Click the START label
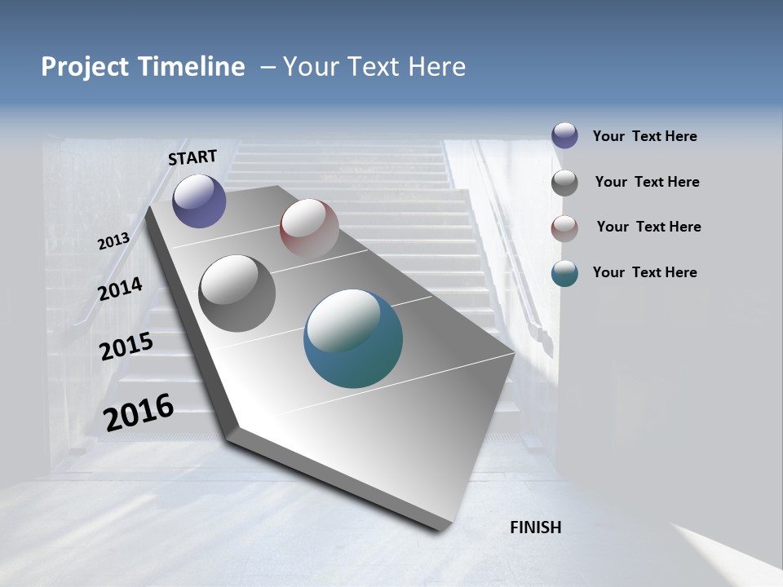tap(192, 157)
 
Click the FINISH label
tap(536, 527)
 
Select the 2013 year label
tap(113, 241)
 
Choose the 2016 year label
tap(139, 412)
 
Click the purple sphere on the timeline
tap(199, 201)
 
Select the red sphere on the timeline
tap(309, 228)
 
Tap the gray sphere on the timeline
tap(237, 293)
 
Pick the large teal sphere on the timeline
tap(353, 338)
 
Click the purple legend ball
tap(564, 135)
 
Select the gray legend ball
tap(564, 182)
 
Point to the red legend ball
tap(564, 227)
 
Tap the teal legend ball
tap(564, 273)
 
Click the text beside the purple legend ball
tap(644, 136)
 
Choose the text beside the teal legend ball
tap(644, 272)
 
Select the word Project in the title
tap(86, 67)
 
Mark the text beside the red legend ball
tap(648, 227)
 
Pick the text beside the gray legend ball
tap(647, 182)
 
